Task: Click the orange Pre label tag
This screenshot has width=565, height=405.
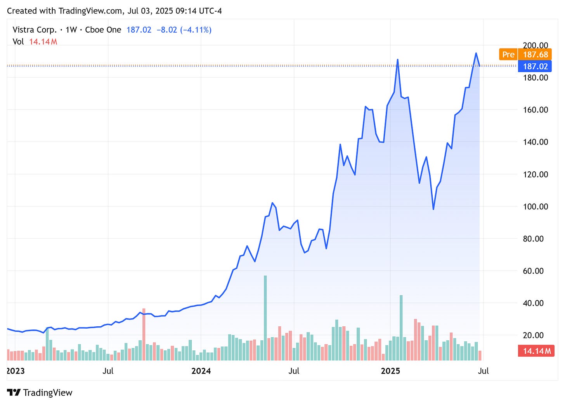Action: pos(508,55)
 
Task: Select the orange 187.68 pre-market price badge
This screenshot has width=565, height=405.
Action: pos(535,55)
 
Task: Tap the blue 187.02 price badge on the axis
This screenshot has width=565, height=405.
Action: pos(535,66)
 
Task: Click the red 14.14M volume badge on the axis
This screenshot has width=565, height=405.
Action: pos(536,351)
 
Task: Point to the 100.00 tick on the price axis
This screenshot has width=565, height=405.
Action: pos(535,207)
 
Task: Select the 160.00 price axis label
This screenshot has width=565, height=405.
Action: pos(535,110)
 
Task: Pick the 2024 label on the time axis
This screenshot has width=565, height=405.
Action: pos(201,371)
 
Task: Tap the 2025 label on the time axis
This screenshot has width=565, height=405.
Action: pos(390,371)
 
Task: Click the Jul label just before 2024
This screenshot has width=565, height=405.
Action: pos(108,371)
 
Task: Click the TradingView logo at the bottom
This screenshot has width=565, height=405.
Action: pos(40,393)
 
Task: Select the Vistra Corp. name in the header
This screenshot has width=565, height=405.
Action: pos(35,30)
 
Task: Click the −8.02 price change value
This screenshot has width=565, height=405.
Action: pos(167,30)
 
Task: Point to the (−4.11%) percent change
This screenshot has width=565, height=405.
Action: pos(196,30)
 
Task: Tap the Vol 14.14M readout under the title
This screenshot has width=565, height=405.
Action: pos(35,41)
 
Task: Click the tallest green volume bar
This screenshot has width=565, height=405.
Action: pos(265,318)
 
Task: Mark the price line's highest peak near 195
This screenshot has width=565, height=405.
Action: pos(476,53)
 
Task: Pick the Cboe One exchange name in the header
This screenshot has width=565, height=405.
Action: pos(103,30)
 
